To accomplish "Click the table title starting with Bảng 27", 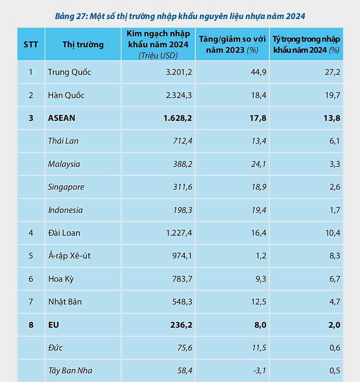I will coord(180,17).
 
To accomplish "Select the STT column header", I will coord(31,44).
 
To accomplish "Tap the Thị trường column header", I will coord(83,44).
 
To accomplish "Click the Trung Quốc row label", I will coord(70,72).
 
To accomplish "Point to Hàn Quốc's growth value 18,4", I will coord(258,95).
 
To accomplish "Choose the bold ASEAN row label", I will coord(61,118).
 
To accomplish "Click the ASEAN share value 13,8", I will coord(332,118).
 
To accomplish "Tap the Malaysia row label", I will coord(64,164).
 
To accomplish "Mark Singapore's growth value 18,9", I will coord(258,187).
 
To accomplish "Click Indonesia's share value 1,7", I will coord(335,210).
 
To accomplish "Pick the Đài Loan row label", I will coord(64,233).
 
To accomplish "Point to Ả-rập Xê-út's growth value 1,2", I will coord(261,256).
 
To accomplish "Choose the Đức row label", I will coord(55,348).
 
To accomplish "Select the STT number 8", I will coord(31,325).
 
